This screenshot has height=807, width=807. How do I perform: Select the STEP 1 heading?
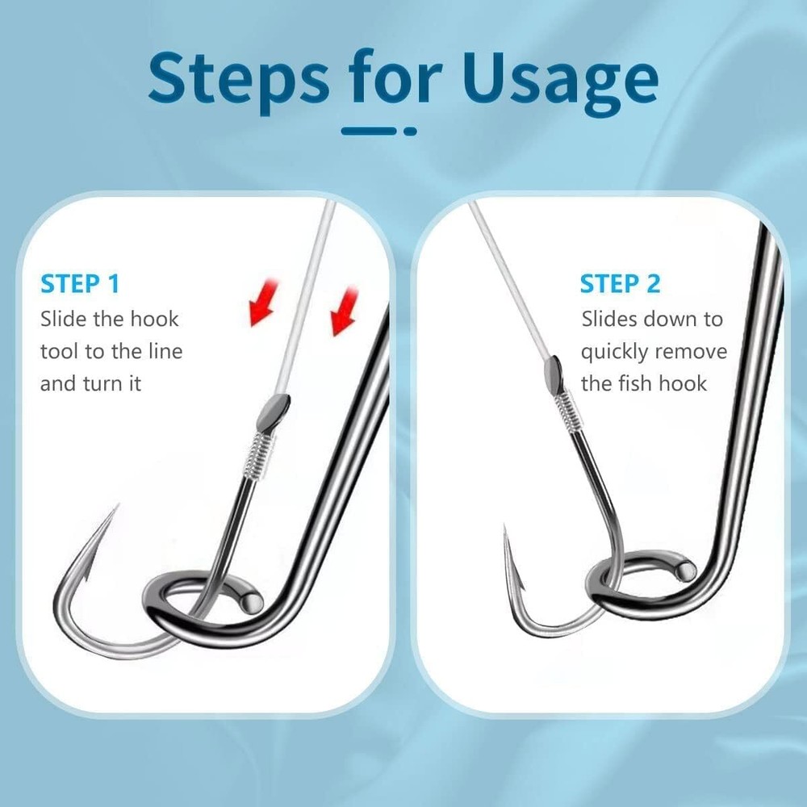(x=80, y=284)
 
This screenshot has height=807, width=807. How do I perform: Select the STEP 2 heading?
(x=620, y=284)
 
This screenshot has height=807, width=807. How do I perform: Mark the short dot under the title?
(x=410, y=130)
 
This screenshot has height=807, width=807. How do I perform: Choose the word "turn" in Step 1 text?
(x=105, y=384)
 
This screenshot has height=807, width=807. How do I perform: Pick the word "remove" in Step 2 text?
(x=691, y=353)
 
